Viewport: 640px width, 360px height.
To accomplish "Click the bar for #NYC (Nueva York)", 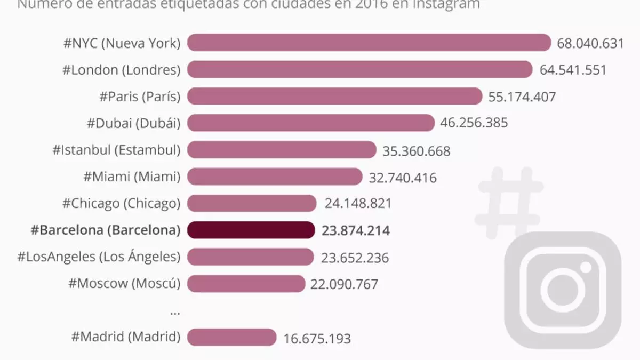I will coord(369,43).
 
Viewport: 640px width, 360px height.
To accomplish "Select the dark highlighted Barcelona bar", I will coord(251,230).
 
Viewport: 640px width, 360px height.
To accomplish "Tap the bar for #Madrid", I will coord(231,337).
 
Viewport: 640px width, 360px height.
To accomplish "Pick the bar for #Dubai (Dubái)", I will coord(311,123).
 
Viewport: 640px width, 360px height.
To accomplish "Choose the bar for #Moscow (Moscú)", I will coord(246,284).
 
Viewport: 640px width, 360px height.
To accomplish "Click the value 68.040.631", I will coord(590,43).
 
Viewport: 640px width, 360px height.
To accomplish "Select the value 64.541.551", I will coord(572,70).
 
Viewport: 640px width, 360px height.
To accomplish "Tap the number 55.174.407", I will coord(522,97).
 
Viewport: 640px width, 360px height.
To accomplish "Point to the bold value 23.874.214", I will coord(356,230).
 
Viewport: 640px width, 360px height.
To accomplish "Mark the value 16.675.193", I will coord(317,338).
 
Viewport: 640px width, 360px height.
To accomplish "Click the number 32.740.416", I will coord(403,177).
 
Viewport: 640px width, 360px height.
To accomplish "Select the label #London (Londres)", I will coord(121,70).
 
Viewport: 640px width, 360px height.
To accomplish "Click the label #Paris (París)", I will coord(140,97).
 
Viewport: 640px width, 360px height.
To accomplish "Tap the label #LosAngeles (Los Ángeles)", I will coord(99,257).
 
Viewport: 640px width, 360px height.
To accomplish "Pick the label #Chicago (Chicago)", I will coord(122,203).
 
